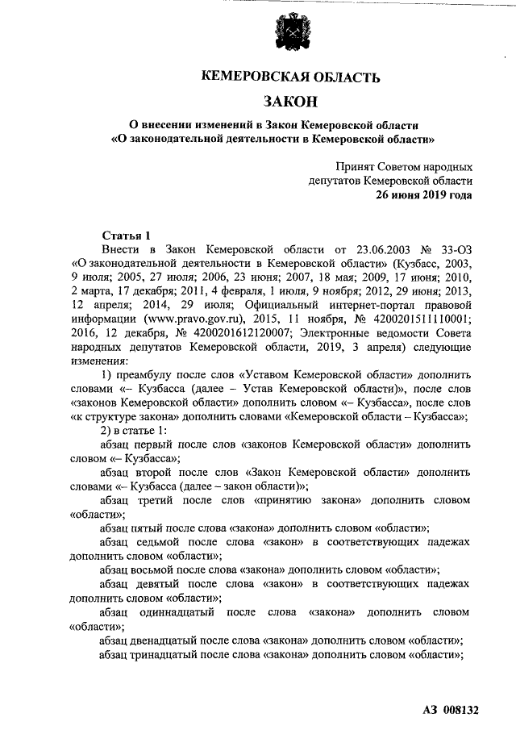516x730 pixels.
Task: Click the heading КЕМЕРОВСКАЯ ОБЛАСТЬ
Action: (289, 77)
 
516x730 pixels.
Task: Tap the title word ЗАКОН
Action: (289, 102)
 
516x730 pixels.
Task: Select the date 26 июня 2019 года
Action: (424, 195)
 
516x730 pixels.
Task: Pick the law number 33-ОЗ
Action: (453, 250)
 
